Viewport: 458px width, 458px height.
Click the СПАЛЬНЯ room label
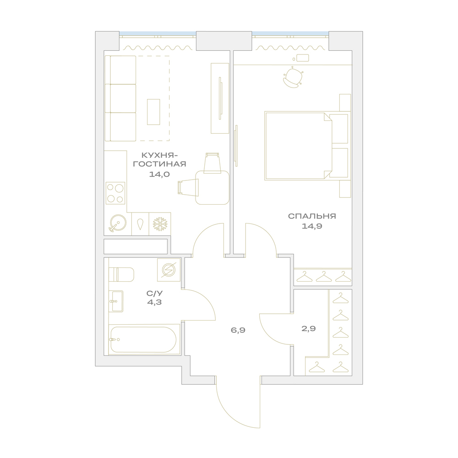[x=312, y=216]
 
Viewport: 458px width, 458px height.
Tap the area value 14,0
[x=159, y=174]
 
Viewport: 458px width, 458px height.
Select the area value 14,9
[x=312, y=226]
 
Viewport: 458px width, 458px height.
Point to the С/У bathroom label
[x=154, y=293]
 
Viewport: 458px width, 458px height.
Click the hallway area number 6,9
[x=238, y=330]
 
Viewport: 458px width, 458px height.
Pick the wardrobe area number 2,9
[x=309, y=329]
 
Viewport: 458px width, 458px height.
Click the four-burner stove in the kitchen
[x=115, y=193]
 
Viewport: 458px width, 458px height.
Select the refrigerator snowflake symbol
[x=160, y=224]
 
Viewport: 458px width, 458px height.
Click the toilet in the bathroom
[x=121, y=274]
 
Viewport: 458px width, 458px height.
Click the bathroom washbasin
[x=116, y=301]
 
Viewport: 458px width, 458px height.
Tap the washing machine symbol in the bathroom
[x=169, y=270]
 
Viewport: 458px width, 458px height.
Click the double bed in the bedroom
[x=306, y=146]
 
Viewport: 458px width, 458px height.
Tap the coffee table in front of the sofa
[x=153, y=112]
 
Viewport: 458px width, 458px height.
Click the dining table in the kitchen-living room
[x=213, y=187]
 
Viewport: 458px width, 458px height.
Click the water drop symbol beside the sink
[x=140, y=224]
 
